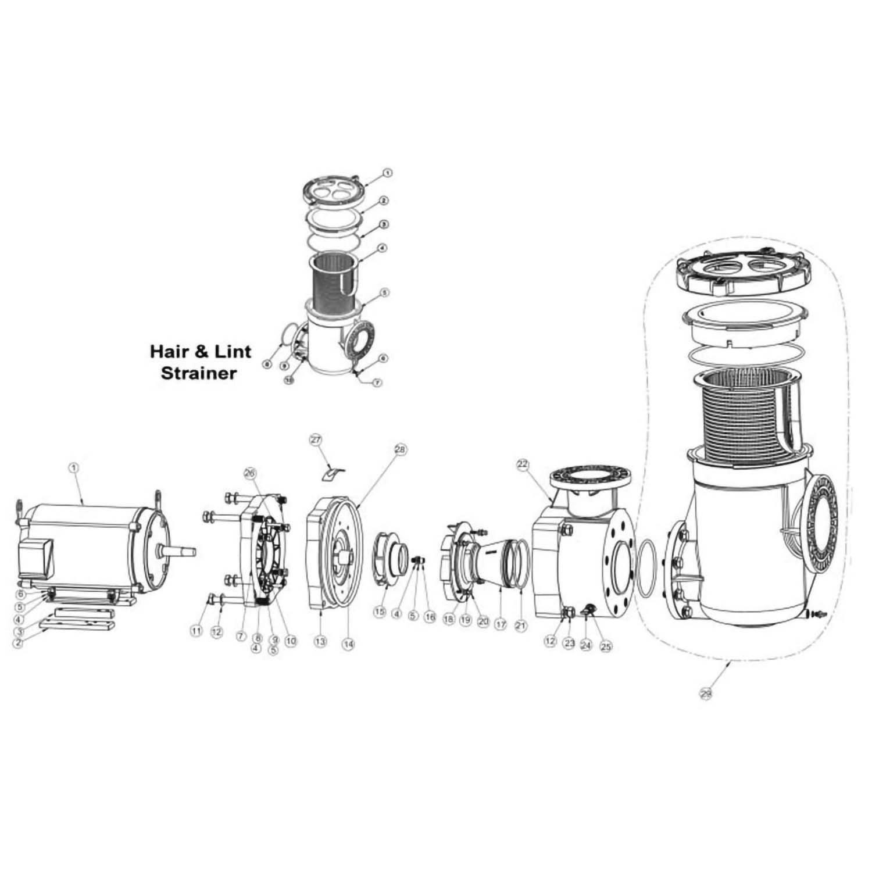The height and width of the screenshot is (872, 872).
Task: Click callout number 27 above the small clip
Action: (316, 440)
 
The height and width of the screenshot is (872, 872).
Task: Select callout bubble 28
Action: (400, 449)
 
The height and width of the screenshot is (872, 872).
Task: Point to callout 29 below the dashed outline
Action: (706, 693)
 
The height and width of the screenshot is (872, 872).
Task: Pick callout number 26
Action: (250, 473)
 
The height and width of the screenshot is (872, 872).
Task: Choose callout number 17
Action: (500, 625)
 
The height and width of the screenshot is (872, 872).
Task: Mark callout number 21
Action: (520, 626)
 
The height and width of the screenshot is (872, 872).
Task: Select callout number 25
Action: (606, 645)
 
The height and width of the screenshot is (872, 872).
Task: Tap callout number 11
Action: (196, 631)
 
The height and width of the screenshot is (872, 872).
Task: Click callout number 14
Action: (348, 644)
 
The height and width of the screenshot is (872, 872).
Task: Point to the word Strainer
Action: (198, 373)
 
